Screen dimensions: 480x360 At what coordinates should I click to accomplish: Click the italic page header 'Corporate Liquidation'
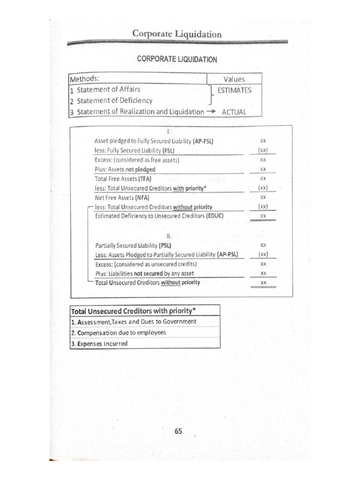(x=177, y=34)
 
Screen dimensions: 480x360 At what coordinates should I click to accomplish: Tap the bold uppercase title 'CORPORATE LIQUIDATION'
(x=177, y=60)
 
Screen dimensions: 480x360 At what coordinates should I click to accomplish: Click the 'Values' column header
(x=234, y=79)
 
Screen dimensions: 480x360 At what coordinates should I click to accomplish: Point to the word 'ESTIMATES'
(x=234, y=90)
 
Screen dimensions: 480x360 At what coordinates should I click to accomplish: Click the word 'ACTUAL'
(x=234, y=112)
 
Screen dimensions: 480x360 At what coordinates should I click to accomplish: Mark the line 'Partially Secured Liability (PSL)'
(x=133, y=245)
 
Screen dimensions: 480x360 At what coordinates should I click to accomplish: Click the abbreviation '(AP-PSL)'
(x=228, y=255)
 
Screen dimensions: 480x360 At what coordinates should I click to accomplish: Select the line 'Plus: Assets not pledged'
(x=125, y=169)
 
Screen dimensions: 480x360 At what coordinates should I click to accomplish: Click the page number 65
(x=178, y=432)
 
